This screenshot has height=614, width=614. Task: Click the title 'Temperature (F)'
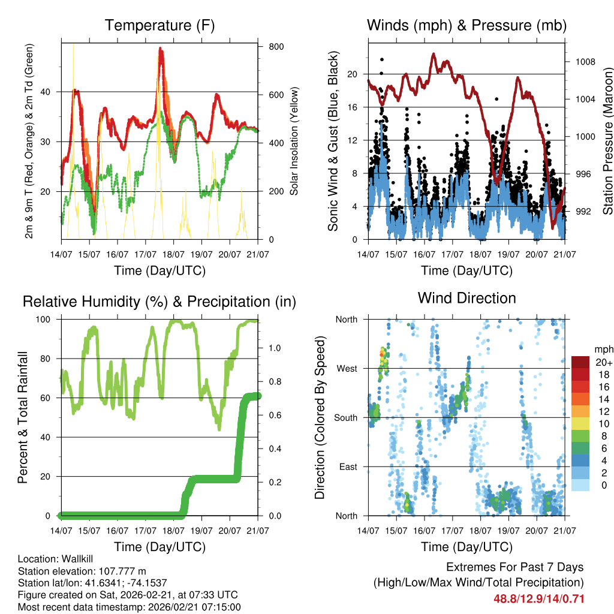point(159,25)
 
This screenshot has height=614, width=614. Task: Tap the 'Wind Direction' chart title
point(466,298)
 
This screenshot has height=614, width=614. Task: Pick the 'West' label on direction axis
point(347,368)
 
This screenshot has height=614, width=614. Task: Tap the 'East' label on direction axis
point(348,466)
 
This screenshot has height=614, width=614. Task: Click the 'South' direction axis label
point(346,417)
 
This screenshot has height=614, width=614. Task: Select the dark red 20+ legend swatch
point(580,362)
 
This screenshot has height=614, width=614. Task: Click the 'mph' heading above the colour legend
point(602,349)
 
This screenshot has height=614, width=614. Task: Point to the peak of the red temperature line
point(161,49)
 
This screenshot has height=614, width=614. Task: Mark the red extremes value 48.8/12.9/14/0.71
point(538,598)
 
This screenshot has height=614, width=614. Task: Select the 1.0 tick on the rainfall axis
point(272,348)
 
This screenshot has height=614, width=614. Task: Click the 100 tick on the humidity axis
point(49,320)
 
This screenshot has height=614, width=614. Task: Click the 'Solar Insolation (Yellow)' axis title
point(294,141)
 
